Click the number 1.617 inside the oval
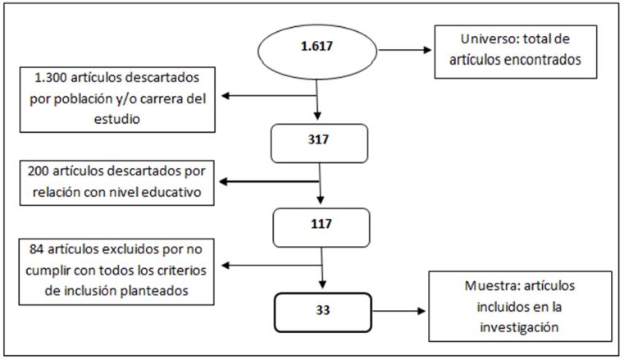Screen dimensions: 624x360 tap(317, 46)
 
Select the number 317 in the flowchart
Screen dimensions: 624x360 tap(318, 139)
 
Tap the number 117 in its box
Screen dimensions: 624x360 tap(321, 224)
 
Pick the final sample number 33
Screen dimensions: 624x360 tap(323, 310)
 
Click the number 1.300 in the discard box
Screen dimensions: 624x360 tap(50, 77)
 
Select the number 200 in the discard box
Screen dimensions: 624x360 tap(39, 171)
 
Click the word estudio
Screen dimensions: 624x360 tap(117, 119)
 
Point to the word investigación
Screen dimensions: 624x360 tap(519, 327)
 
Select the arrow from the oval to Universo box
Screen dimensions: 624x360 tap(405, 50)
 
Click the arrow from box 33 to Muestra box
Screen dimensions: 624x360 tap(399, 311)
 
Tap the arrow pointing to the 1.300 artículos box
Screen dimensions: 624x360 tap(269, 95)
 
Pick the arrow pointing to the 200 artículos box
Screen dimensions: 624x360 tap(269, 181)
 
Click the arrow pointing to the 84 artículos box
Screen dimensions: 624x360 tap(271, 266)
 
